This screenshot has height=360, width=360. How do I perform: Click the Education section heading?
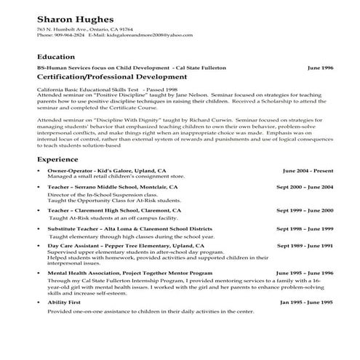coord(55,57)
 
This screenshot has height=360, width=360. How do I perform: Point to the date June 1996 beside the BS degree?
coord(321,67)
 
